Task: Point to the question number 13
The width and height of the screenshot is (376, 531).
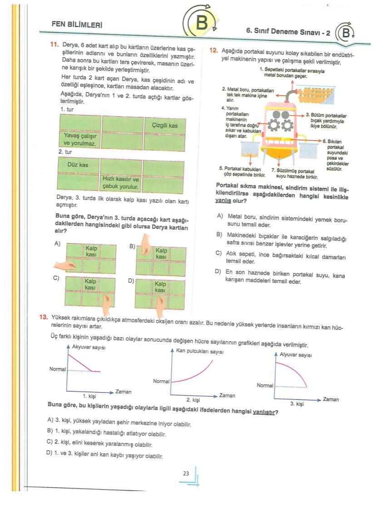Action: [x=44, y=317]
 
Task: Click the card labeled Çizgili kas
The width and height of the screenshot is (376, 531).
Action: [x=165, y=126]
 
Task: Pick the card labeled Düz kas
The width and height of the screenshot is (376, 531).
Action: [x=78, y=165]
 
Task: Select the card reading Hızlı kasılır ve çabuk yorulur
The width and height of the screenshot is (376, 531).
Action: [x=121, y=183]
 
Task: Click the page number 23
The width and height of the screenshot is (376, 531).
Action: [x=186, y=473]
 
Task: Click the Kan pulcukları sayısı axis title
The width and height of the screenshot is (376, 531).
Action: [x=199, y=351]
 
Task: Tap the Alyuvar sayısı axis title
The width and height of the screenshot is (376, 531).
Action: [x=295, y=354]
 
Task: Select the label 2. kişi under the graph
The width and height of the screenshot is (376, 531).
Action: [x=193, y=400]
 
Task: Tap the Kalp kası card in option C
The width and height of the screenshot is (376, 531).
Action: [x=90, y=285]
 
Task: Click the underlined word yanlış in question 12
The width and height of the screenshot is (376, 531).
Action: [x=221, y=200]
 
